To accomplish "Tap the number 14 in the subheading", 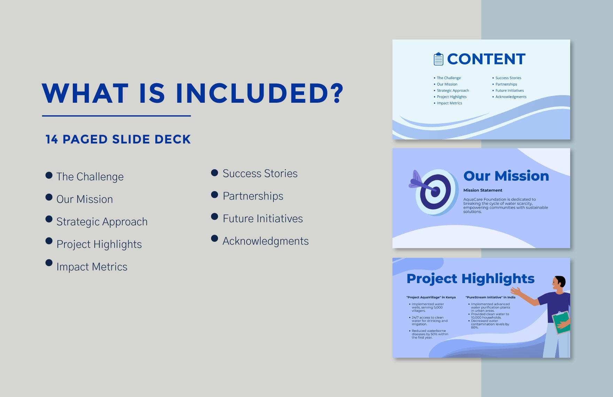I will pos(52,139).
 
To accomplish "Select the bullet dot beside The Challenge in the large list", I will pos(49,175).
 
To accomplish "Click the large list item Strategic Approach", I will pos(102,222).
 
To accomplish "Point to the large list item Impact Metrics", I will pos(92,267).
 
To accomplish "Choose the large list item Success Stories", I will pos(260,173).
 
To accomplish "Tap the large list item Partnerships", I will pos(253,196).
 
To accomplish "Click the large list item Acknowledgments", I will pos(265,241).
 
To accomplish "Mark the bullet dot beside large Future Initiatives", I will pos(215,217).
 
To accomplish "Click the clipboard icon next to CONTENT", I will pos(438,59).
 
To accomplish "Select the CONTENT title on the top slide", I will pos(486,59).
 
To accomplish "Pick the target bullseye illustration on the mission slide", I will pos(436,192).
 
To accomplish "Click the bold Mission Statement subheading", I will pos(483,190).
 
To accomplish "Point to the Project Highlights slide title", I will pos(470,279).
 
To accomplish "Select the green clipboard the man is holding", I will pos(561,322).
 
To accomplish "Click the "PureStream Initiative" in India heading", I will pos(490,297).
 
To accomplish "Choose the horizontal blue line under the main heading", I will pos(116,116).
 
